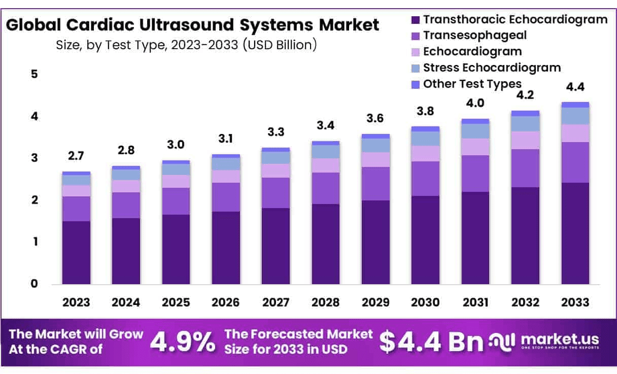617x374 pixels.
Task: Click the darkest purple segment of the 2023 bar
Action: (76, 252)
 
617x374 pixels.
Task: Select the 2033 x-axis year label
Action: (575, 302)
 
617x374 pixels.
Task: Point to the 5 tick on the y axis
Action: (34, 74)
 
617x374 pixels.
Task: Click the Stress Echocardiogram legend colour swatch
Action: (415, 68)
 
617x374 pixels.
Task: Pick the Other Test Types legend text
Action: (472, 84)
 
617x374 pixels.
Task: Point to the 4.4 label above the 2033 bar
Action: (575, 87)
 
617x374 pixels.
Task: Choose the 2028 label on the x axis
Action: (325, 302)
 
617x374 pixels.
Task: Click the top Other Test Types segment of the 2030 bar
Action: (425, 129)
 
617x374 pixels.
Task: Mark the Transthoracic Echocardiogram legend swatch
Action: (415, 20)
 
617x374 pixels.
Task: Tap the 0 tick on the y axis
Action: (34, 284)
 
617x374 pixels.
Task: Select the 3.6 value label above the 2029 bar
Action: (375, 118)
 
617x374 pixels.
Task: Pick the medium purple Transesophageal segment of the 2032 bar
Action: (525, 168)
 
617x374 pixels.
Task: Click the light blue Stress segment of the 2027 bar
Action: (276, 157)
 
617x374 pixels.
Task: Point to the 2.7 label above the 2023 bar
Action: (76, 156)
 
